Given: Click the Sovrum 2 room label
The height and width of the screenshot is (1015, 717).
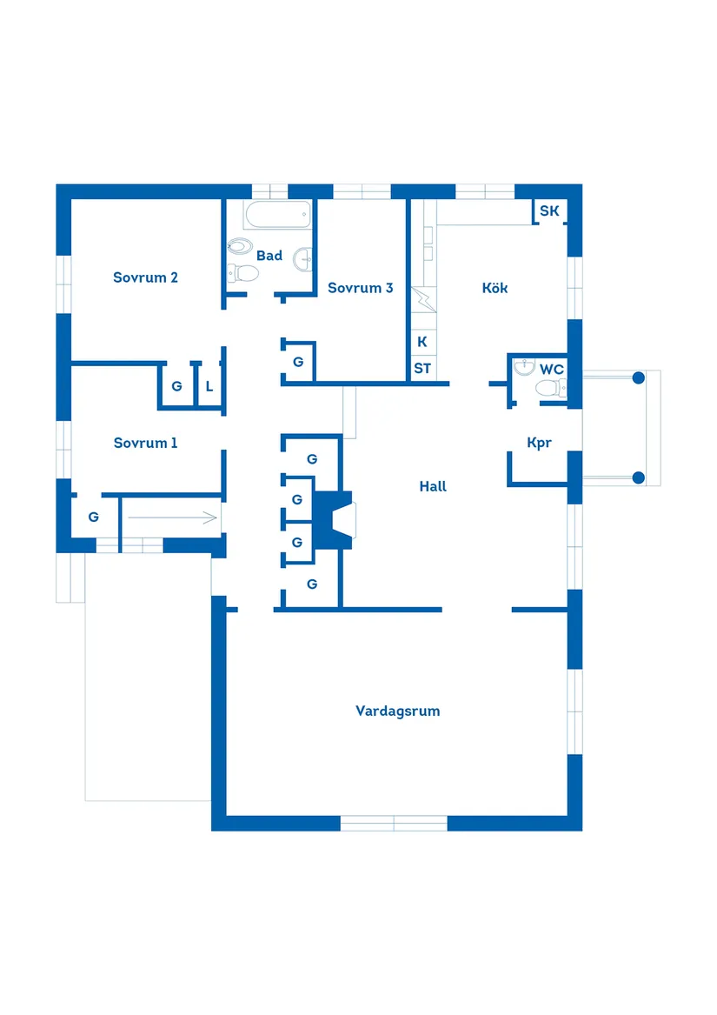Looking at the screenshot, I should [145, 277].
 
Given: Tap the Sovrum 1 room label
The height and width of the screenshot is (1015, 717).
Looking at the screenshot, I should [145, 443].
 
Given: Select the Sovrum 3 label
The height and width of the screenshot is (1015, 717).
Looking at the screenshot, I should [360, 288].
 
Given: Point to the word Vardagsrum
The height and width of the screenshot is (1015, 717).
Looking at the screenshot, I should [397, 711].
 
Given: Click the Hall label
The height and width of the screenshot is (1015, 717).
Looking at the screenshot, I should [433, 486].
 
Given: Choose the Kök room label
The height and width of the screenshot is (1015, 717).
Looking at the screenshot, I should [495, 288].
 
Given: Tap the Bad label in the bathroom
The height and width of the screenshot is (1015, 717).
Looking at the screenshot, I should [269, 256].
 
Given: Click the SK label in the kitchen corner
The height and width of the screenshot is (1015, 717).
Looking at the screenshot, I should [549, 211].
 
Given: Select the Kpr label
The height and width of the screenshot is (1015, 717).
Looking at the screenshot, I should [539, 443].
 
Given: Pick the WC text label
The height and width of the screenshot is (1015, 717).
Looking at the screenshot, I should [552, 370].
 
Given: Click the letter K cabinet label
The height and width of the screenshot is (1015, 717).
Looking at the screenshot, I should [422, 342].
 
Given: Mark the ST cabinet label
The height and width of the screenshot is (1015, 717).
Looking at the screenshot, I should [422, 369].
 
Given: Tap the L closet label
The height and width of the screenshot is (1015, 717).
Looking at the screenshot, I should [209, 386].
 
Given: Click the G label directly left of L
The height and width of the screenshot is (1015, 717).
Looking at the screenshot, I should [176, 386].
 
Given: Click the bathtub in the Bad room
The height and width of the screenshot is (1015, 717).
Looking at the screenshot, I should [277, 214].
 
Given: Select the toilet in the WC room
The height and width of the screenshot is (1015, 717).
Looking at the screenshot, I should [551, 391].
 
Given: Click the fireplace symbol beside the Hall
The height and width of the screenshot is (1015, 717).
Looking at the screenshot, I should [335, 520].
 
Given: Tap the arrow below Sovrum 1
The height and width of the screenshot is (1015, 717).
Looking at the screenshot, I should [172, 518].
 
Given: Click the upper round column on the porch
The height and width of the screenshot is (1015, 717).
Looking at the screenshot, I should [639, 377].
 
